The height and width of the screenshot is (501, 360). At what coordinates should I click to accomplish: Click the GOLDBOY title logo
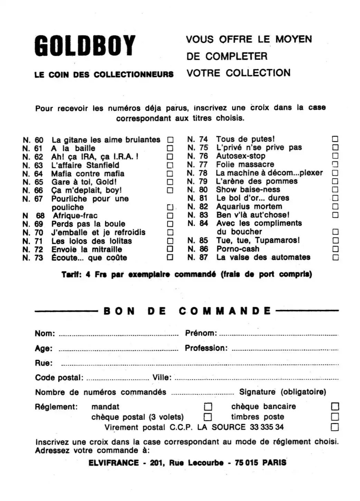[85, 46]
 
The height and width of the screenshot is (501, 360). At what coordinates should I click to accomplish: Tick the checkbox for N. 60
[170, 140]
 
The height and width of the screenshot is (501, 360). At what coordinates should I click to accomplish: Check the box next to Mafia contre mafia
[170, 174]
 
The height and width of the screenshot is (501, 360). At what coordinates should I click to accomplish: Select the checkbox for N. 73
[170, 257]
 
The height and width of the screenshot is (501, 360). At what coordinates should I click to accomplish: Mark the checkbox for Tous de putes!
[335, 139]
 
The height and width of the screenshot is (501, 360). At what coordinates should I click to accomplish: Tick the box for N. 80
[335, 189]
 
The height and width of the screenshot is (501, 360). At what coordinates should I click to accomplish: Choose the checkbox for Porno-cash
[335, 249]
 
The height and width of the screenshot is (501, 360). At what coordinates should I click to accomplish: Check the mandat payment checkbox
[208, 407]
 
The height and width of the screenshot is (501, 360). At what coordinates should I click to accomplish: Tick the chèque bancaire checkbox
[335, 406]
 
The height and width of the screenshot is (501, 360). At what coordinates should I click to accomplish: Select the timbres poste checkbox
[335, 417]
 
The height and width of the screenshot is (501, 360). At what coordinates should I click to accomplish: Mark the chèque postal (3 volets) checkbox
[208, 417]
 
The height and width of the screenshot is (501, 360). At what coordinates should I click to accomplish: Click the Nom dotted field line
[119, 335]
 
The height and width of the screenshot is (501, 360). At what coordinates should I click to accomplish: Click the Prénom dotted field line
[278, 335]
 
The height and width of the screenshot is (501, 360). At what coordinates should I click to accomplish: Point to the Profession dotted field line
[285, 350]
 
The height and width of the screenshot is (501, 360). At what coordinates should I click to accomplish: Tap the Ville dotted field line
[256, 379]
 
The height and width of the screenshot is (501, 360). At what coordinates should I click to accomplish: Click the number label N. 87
[198, 257]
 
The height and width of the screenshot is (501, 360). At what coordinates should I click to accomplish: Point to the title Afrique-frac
[75, 216]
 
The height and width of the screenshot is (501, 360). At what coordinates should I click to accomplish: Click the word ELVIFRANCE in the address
[114, 463]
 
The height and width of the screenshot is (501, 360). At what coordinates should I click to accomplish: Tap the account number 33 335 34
[267, 427]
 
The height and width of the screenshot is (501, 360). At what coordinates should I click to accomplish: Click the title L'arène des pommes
[257, 181]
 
